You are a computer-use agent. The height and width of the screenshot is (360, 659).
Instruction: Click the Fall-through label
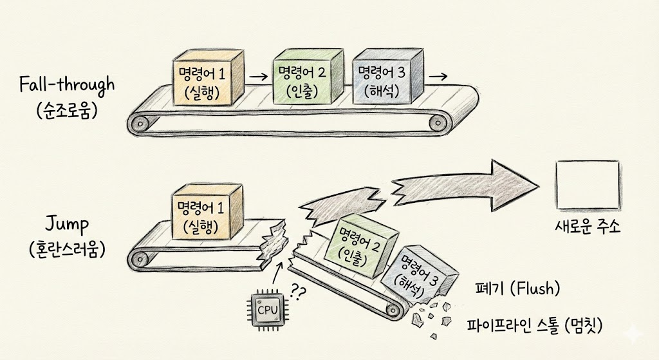tap(66, 84)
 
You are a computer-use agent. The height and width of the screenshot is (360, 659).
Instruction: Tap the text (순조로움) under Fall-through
tap(66, 109)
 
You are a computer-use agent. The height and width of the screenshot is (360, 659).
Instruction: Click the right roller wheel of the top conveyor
tap(440, 120)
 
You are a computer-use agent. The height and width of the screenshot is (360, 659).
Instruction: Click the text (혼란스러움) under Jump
tap(66, 249)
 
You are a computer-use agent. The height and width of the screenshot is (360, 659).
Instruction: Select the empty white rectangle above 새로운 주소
tap(588, 182)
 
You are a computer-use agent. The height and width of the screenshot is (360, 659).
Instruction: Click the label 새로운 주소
tap(588, 227)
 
